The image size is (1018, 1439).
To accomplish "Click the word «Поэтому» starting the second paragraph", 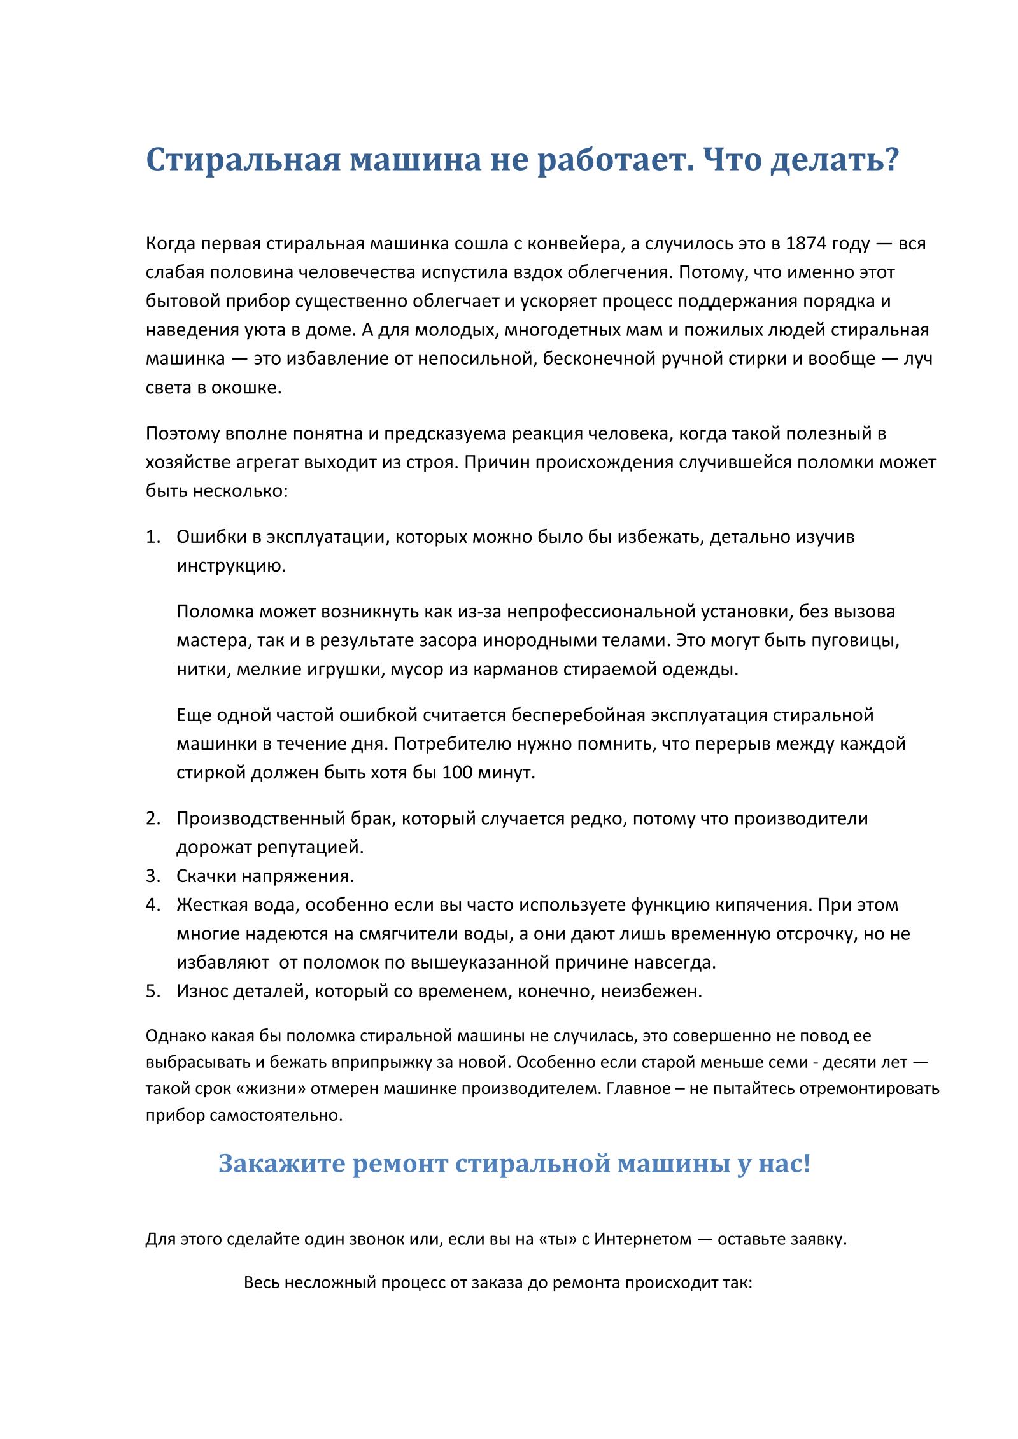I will (x=183, y=433).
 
